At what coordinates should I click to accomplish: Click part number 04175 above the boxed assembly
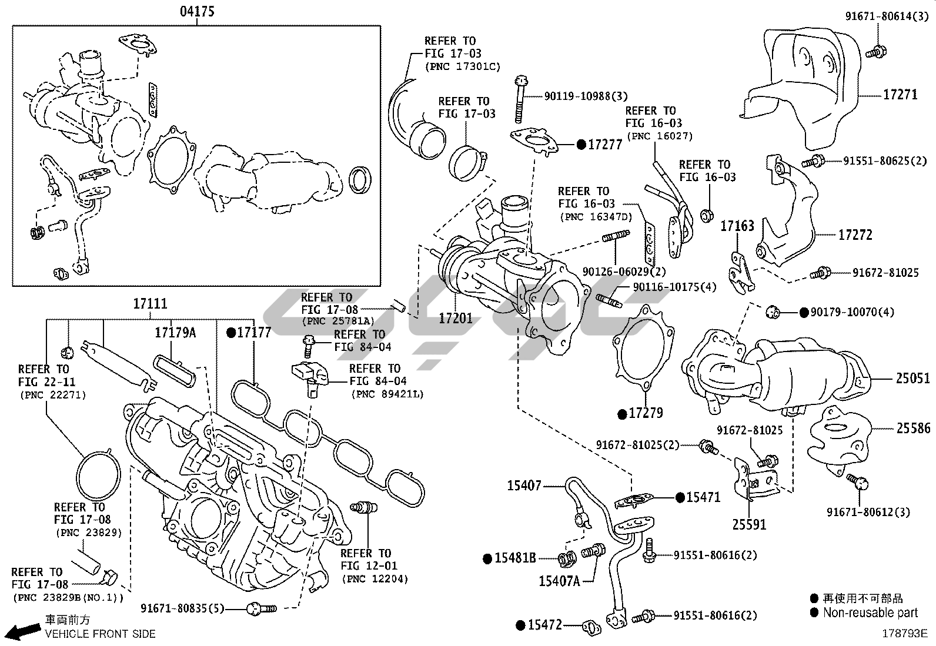[197, 11]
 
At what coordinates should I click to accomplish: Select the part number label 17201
[455, 318]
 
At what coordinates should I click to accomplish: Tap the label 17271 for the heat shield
[900, 94]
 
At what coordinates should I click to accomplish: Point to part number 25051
[912, 379]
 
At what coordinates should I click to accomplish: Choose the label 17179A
[175, 333]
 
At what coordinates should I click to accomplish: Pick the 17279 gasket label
[646, 413]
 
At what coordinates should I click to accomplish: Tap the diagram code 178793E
[904, 634]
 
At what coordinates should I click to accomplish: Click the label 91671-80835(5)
[182, 608]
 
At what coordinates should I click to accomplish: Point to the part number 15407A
[559, 581]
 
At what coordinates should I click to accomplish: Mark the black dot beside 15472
[520, 625]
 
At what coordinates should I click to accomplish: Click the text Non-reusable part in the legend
[870, 612]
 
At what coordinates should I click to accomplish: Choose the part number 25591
[749, 524]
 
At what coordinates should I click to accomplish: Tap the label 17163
[737, 226]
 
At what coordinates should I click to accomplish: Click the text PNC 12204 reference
[375, 579]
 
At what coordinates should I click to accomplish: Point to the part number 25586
[912, 429]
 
